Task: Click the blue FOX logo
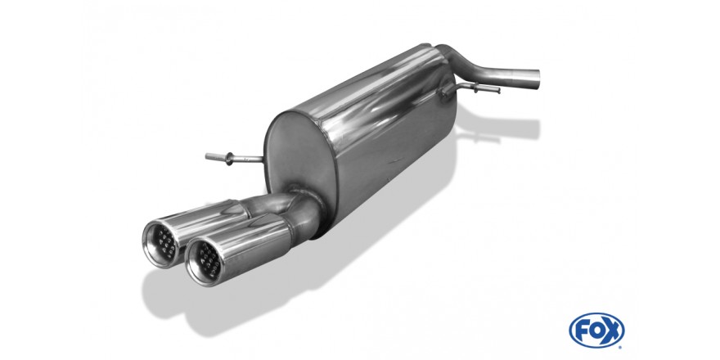pyautogui.click(x=596, y=331)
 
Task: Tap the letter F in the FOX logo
pyautogui.click(x=581, y=331)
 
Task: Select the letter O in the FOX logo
pyautogui.click(x=596, y=331)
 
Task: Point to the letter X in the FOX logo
pyautogui.click(x=612, y=331)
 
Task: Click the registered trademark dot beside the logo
pyautogui.click(x=621, y=347)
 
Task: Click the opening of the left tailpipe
pyautogui.click(x=161, y=243)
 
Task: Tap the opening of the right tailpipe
pyautogui.click(x=205, y=261)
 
